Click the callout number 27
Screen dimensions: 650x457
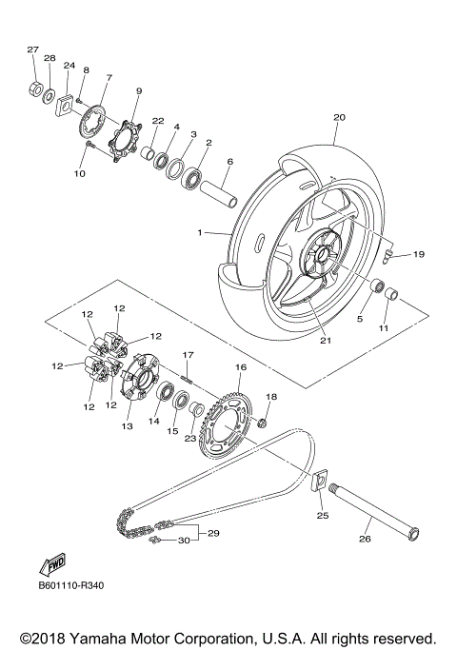(32, 49)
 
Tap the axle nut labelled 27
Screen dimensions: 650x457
(33, 91)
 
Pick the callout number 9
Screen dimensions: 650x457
(138, 90)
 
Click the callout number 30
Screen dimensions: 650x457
(184, 541)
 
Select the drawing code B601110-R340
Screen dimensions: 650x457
(71, 586)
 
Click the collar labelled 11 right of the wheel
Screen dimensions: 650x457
(390, 295)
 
